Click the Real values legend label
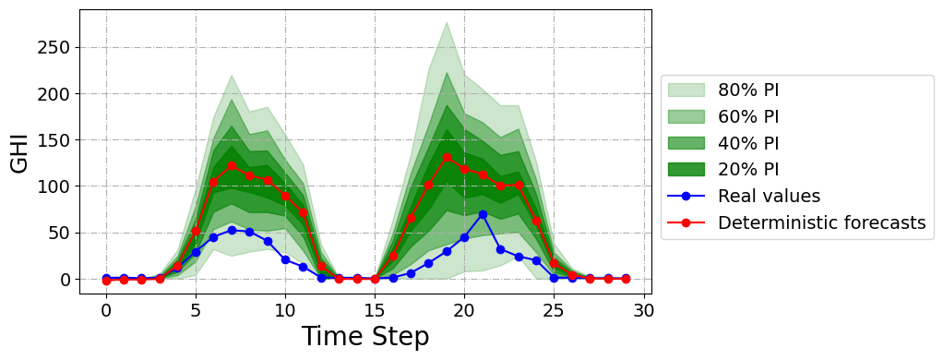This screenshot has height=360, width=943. tap(769, 196)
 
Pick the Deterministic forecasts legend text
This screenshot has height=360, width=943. tap(821, 222)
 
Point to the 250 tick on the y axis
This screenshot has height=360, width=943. tap(54, 47)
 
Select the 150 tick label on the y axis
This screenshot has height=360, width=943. tap(54, 140)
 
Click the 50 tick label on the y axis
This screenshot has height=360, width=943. tap(59, 233)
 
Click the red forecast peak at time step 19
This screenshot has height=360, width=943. tap(447, 158)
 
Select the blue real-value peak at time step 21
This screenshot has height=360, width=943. tap(483, 214)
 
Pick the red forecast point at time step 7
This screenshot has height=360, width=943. tap(232, 166)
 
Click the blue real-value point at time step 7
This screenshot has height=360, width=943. tap(232, 230)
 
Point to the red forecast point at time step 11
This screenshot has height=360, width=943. tap(303, 212)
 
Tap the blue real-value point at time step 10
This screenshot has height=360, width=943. tap(285, 259)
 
